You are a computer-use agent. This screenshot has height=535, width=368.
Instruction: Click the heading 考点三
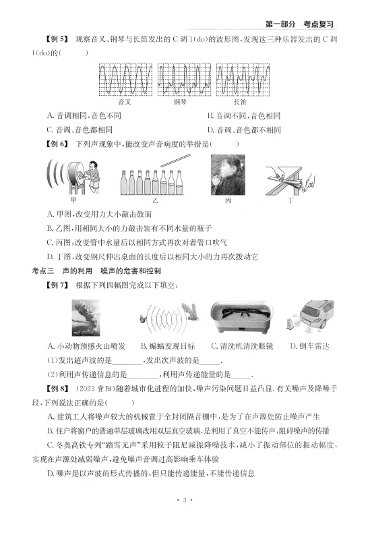coord(42,271)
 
